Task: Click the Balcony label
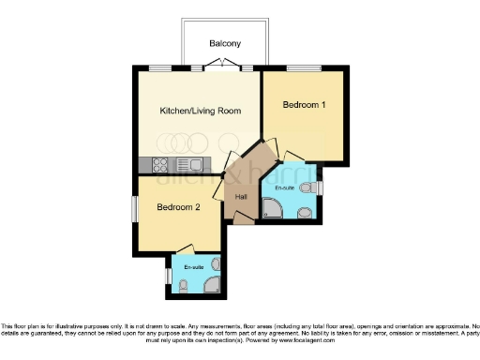pyautogui.click(x=225, y=44)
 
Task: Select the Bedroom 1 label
pyautogui.click(x=305, y=105)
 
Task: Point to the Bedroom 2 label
pyautogui.click(x=178, y=207)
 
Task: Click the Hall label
pyautogui.click(x=241, y=196)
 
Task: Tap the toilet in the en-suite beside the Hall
pyautogui.click(x=307, y=188)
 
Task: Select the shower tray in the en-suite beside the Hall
pyautogui.click(x=273, y=208)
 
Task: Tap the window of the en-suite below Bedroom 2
pyautogui.click(x=168, y=277)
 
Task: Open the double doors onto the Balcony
pyautogui.click(x=220, y=66)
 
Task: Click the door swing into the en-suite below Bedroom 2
pyautogui.click(x=184, y=249)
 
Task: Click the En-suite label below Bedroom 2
pyautogui.click(x=194, y=268)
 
